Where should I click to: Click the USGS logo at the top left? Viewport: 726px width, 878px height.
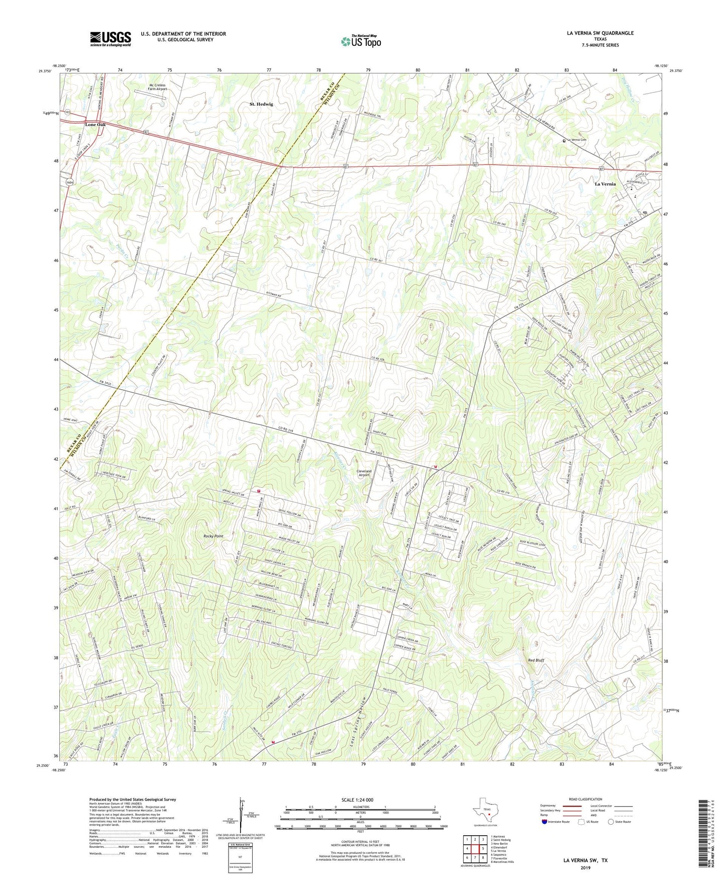click(111, 39)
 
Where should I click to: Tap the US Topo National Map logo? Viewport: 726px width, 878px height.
click(361, 41)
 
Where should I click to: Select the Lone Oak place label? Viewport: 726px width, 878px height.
click(95, 124)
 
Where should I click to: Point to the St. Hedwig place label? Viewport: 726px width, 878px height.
click(261, 104)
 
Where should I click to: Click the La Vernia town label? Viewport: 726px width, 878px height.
click(605, 184)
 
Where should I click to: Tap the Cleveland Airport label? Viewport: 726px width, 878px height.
click(363, 473)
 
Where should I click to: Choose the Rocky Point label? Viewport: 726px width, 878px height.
click(213, 536)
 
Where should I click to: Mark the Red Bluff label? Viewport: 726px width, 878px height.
click(536, 660)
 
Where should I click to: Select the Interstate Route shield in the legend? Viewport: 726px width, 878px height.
click(545, 822)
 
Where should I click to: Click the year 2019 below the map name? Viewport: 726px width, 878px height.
click(585, 867)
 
